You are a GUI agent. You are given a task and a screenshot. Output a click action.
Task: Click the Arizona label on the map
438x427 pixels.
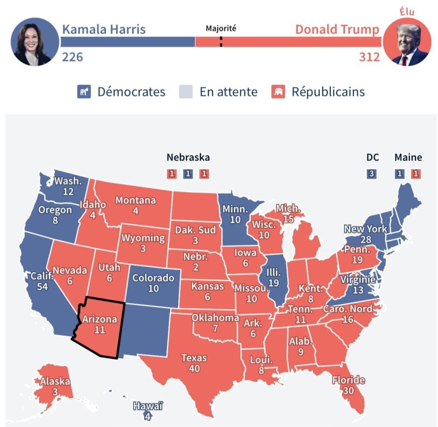(x=99, y=319)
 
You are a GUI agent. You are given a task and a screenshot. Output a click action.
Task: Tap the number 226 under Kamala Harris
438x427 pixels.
(x=73, y=57)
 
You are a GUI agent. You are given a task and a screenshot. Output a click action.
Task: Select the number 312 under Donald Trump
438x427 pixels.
(x=369, y=57)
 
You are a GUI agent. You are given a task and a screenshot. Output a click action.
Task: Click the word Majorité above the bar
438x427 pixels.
(x=221, y=29)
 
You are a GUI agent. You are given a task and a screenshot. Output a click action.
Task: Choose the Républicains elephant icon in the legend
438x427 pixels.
(x=278, y=92)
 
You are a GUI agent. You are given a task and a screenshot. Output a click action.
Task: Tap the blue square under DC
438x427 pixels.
(x=372, y=174)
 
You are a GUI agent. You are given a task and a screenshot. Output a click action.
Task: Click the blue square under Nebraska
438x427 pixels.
(x=188, y=174)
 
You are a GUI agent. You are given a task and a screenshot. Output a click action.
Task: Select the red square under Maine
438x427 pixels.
(x=415, y=174)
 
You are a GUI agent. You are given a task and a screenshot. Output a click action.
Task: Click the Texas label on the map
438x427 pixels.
(x=194, y=358)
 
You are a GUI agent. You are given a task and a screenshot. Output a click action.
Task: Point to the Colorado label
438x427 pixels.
(x=153, y=278)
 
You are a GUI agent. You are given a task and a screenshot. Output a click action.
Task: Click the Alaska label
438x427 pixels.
(x=55, y=382)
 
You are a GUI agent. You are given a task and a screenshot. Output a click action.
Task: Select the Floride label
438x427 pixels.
(x=348, y=380)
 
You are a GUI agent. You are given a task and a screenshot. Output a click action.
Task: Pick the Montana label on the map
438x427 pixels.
(x=136, y=200)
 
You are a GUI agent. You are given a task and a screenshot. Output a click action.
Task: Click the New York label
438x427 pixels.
(x=366, y=228)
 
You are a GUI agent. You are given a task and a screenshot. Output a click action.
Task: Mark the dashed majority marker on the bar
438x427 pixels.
(x=221, y=42)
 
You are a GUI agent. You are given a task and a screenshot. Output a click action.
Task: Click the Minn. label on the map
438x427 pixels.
(x=235, y=210)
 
